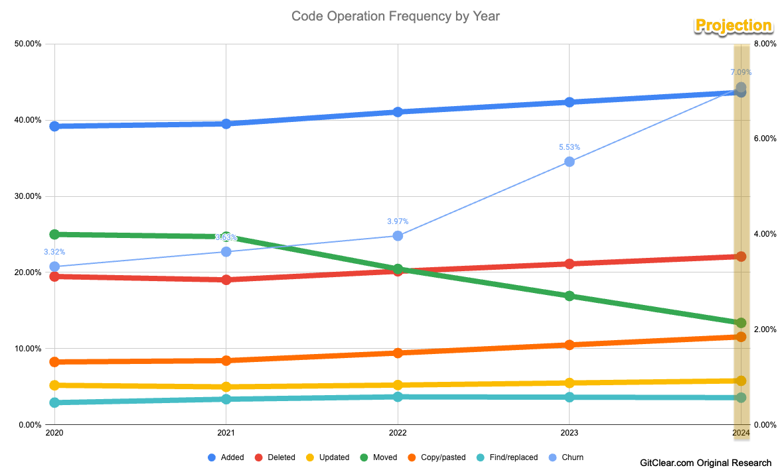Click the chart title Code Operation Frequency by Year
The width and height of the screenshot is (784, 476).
click(395, 16)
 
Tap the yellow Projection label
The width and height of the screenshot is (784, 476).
click(734, 26)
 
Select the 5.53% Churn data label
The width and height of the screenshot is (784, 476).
click(570, 147)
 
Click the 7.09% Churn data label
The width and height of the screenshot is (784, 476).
click(741, 72)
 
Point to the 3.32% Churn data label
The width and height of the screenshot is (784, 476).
click(54, 252)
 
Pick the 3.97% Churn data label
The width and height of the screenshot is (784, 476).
click(398, 221)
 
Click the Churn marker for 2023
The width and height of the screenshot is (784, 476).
click(569, 162)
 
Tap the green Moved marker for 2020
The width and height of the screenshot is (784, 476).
click(54, 234)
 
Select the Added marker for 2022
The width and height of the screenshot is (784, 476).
click(398, 112)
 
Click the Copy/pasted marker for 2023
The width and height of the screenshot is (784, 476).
click(569, 345)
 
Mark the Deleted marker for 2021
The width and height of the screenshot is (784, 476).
click(226, 280)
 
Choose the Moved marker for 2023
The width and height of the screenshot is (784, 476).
click(569, 296)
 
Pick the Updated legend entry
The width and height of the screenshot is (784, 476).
click(329, 457)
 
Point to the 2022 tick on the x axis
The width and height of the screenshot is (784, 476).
click(398, 434)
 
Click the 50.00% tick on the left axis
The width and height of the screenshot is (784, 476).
click(28, 44)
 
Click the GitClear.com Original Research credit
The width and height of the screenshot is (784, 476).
click(706, 463)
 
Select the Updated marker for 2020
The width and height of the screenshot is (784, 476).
click(54, 385)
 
